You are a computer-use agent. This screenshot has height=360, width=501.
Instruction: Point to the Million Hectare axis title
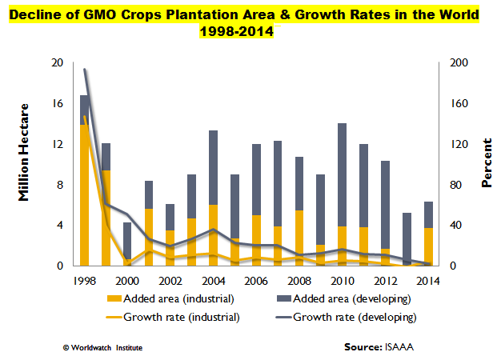[24, 152]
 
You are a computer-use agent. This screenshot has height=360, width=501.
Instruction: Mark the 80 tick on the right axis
[455, 186]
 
